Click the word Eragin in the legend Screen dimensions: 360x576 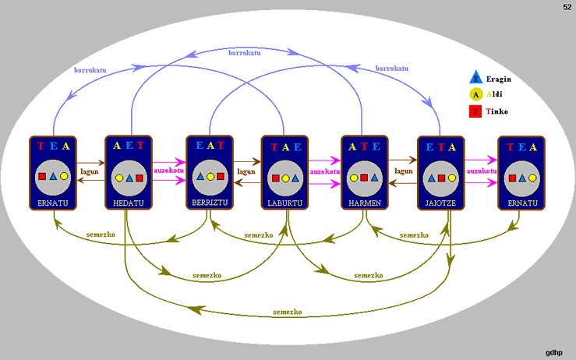click(x=498, y=79)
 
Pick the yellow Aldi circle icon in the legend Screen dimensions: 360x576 click(x=475, y=94)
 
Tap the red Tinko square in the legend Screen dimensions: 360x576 click(x=475, y=111)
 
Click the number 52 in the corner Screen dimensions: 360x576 click(x=567, y=7)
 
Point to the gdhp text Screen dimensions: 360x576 click(x=555, y=352)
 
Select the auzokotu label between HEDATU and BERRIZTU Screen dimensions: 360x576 click(x=168, y=171)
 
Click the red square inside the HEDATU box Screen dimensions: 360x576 click(x=140, y=178)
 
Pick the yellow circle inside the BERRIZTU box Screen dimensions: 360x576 click(x=210, y=177)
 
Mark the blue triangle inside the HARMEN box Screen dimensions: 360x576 click(x=375, y=178)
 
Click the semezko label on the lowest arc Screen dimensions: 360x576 click(x=288, y=312)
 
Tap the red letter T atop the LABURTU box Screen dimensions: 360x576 click(x=274, y=146)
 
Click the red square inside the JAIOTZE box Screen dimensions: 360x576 click(x=441, y=178)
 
